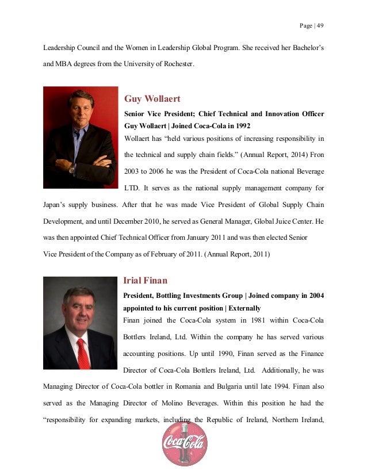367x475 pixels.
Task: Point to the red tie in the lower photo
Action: (x=83, y=350)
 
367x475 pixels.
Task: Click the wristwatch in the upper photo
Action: (x=72, y=168)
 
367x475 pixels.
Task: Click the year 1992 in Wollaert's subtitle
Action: (x=240, y=125)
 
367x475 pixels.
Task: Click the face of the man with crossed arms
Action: (x=81, y=108)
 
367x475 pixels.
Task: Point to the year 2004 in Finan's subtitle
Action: (x=313, y=296)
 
